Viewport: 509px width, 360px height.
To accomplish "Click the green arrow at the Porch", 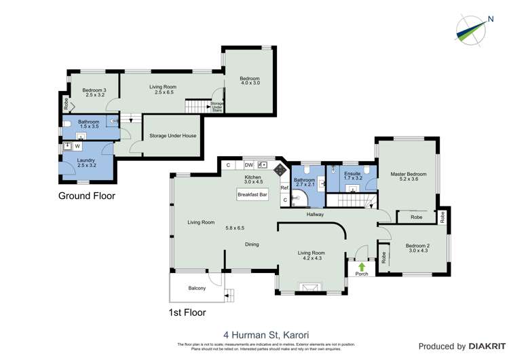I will [x=362, y=266].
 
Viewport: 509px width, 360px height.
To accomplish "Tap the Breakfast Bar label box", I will [x=252, y=195].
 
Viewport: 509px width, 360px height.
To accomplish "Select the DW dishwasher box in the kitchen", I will [x=248, y=165].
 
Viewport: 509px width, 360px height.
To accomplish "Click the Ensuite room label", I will [x=352, y=174].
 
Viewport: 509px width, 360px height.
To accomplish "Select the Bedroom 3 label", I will [x=94, y=90].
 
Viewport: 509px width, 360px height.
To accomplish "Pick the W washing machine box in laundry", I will [x=77, y=146].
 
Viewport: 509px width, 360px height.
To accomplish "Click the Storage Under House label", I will [x=173, y=136].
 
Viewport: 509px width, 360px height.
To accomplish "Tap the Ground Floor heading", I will [x=86, y=196].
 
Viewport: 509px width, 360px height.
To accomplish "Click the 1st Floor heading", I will [x=187, y=313].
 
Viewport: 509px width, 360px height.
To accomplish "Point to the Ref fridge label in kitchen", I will [x=284, y=187].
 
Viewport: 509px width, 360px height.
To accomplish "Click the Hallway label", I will [x=315, y=215].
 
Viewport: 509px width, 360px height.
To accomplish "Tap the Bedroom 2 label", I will [x=417, y=246].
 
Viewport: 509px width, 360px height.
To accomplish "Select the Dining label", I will [x=252, y=245].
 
